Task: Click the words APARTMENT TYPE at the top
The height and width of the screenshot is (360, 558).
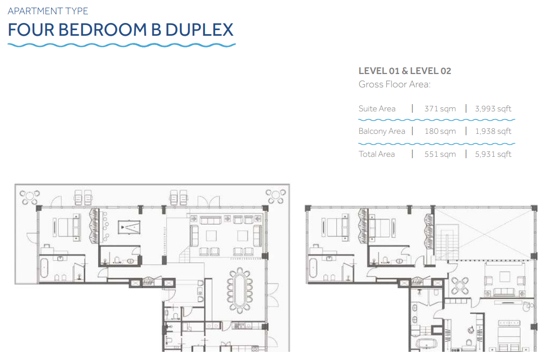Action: point(48,11)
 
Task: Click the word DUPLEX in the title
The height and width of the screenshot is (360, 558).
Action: point(199,30)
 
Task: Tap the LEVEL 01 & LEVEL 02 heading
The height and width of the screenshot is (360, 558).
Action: point(405,71)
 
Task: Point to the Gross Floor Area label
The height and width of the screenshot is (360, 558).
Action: point(394,84)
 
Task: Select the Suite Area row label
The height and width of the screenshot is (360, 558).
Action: point(377,108)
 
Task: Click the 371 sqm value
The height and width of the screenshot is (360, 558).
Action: point(440,109)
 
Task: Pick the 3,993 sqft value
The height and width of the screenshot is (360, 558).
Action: point(493,109)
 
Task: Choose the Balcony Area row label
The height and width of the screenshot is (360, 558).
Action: point(382,131)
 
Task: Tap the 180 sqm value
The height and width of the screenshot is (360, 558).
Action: point(440,131)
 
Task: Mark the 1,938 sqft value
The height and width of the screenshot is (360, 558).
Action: point(493,131)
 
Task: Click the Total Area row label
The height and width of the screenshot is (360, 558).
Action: point(377,154)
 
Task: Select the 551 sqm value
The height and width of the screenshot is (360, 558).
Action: point(440,154)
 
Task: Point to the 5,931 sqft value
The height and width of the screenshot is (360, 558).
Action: point(493,154)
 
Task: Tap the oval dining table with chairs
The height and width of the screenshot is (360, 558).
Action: point(240,290)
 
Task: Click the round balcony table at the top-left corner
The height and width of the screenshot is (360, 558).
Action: point(30,197)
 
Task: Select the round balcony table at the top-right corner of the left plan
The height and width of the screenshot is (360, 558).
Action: point(275,196)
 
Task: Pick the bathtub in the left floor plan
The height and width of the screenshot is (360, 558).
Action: point(44,268)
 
